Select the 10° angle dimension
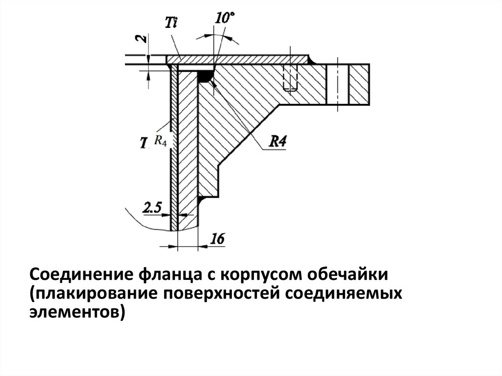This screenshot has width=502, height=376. coord(224,19)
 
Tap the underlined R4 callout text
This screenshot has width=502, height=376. coord(278,142)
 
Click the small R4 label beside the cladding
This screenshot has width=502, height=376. coord(160,141)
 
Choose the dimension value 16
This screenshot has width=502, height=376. coord(217,239)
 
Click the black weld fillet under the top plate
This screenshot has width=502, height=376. coord(204,76)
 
